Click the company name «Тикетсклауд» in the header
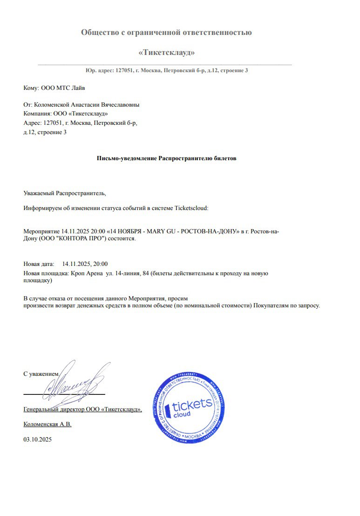tap(166, 52)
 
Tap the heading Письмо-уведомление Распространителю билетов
tap(166, 158)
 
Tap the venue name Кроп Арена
tap(87, 273)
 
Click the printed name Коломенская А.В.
tap(48, 424)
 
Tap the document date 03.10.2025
tap(38, 439)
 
